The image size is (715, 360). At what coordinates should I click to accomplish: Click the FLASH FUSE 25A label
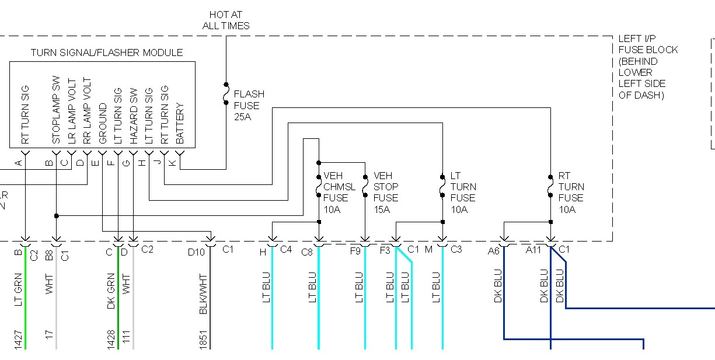pos(249,105)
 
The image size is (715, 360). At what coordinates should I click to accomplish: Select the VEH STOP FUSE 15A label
pos(386,192)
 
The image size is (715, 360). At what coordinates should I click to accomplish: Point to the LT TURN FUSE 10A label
pos(463,192)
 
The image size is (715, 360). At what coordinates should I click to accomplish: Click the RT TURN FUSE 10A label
pos(571,192)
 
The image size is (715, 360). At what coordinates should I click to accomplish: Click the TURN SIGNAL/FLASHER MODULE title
pos(107,53)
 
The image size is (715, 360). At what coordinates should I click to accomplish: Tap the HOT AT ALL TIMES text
pos(226,20)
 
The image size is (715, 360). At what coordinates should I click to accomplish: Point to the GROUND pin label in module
pos(103,124)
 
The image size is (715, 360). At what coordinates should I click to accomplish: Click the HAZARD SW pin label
pos(134,116)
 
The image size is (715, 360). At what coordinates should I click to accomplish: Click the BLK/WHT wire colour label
pos(204,293)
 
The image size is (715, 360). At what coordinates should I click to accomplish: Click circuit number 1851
pos(204,340)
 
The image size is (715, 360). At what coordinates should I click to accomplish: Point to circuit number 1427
pos(18,340)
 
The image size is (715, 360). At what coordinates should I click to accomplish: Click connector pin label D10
pos(196,251)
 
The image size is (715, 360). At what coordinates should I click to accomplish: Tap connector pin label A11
pos(534,250)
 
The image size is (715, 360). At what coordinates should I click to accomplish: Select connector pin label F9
pos(355,251)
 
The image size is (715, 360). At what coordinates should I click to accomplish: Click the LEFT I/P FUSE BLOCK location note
pos(648,67)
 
